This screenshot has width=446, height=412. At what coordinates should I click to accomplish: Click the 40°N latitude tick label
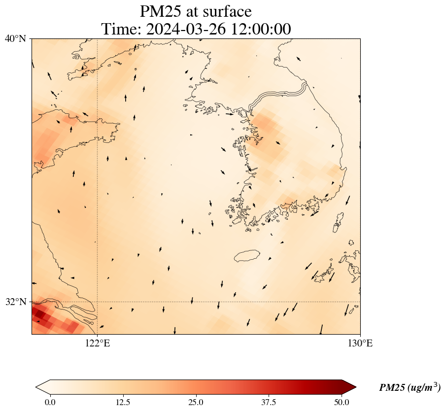point(18,38)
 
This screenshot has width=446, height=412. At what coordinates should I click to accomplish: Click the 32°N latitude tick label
point(18,302)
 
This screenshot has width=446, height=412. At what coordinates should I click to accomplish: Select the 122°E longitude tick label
point(98,343)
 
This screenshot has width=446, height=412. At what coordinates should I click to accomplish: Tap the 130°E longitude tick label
point(360,343)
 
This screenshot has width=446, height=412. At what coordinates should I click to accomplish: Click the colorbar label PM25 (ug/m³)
point(410,387)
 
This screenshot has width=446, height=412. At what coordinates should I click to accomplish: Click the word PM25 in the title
point(162,11)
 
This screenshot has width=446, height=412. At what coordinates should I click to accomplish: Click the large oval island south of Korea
point(247,256)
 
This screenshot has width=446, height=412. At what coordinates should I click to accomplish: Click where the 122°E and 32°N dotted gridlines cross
point(98,302)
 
